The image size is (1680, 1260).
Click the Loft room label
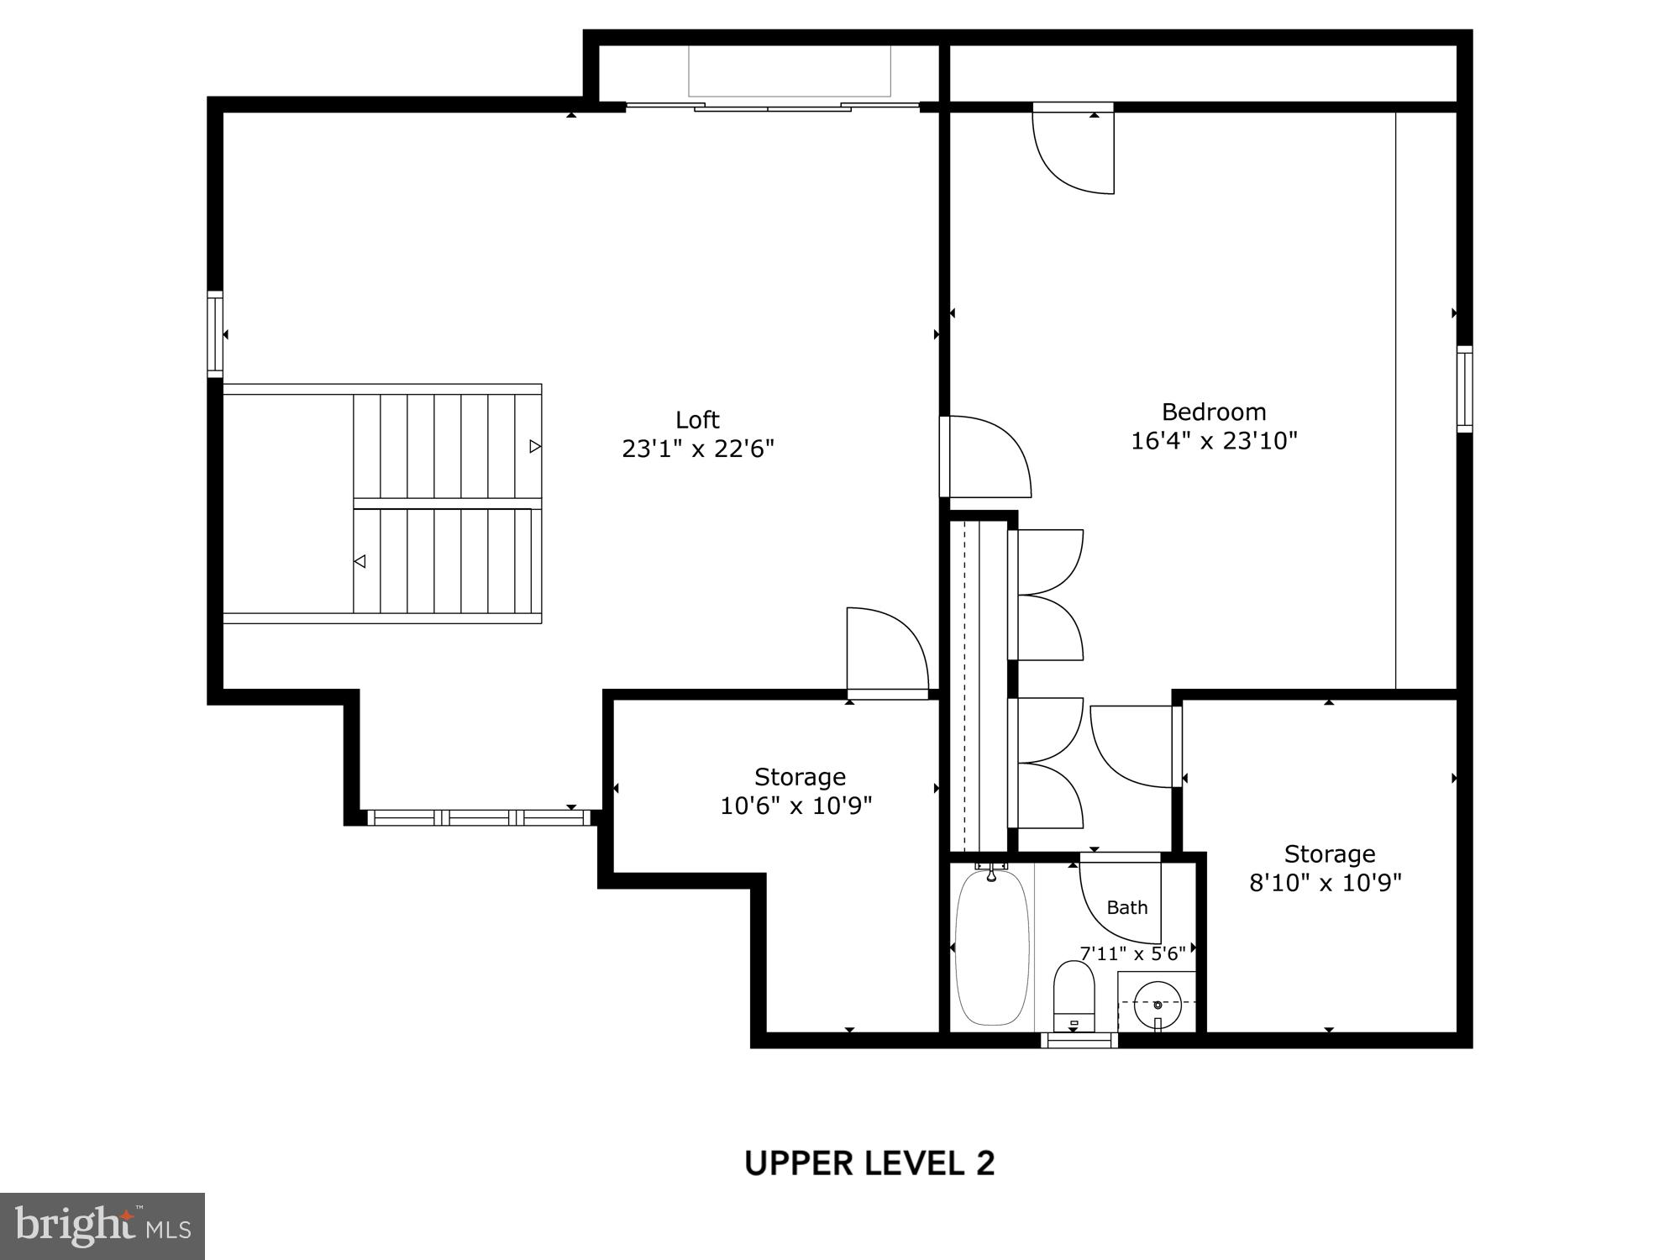click(x=697, y=419)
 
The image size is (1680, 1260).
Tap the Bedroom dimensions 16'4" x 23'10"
click(x=1214, y=441)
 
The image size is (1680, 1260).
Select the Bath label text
click(x=1126, y=907)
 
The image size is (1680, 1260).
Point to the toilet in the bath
click(x=1074, y=995)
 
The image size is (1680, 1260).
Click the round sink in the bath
click(x=1158, y=1004)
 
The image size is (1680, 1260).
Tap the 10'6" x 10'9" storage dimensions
click(x=795, y=806)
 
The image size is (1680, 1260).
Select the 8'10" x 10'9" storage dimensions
click(x=1326, y=883)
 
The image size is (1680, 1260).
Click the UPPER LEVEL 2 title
click(x=869, y=1163)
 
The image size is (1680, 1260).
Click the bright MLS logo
click(x=102, y=1226)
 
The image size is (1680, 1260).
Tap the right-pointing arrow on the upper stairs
click(x=535, y=446)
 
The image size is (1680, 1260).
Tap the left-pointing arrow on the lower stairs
click(x=360, y=561)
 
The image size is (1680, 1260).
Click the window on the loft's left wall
click(x=216, y=333)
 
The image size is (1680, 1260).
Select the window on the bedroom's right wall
click(x=1464, y=389)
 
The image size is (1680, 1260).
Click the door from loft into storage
click(x=886, y=651)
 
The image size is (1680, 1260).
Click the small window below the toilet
click(x=1079, y=1040)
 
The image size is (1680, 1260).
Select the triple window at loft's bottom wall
click(x=480, y=817)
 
